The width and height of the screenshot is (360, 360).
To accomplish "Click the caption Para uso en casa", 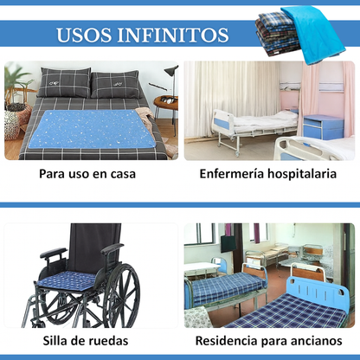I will [87, 173].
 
